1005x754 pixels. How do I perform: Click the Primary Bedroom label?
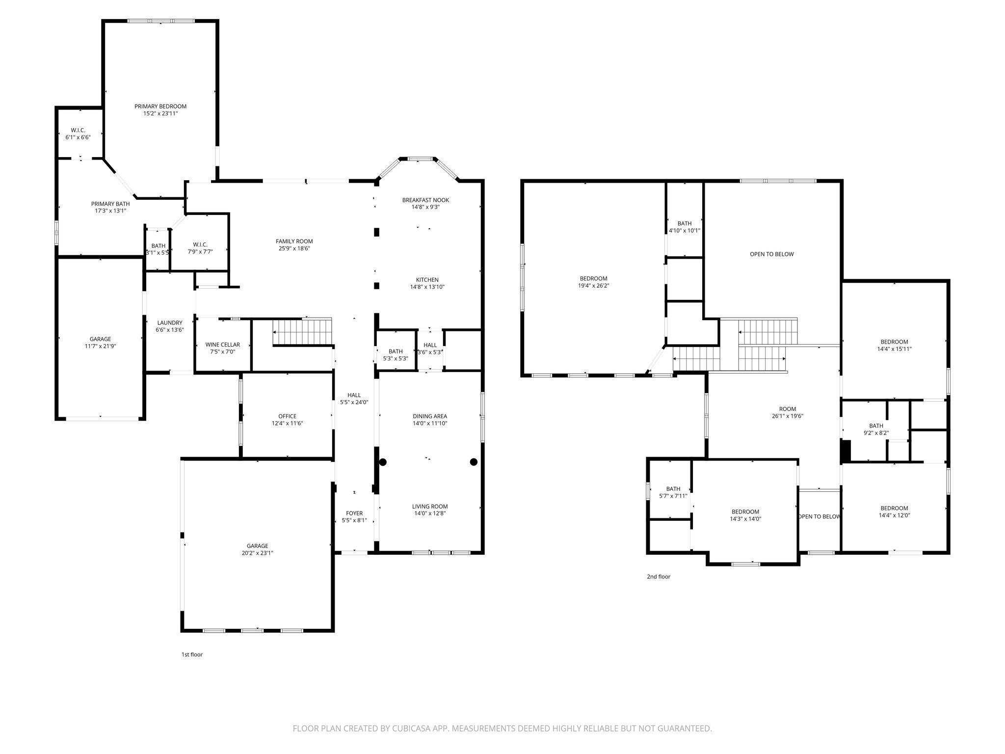pyautogui.click(x=160, y=107)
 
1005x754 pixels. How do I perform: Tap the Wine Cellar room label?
pyautogui.click(x=222, y=345)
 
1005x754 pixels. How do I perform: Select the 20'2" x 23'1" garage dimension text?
pyautogui.click(x=257, y=553)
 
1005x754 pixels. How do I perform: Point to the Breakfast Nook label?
pyautogui.click(x=425, y=200)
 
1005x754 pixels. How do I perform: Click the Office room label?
pyautogui.click(x=287, y=416)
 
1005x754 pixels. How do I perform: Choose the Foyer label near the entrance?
pyautogui.click(x=354, y=513)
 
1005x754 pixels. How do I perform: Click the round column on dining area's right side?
pyautogui.click(x=474, y=462)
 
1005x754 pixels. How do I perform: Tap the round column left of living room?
pyautogui.click(x=383, y=462)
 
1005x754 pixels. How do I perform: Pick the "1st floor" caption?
pyautogui.click(x=192, y=654)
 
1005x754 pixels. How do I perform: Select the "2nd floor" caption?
pyautogui.click(x=658, y=577)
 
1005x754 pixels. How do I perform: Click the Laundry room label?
pyautogui.click(x=170, y=323)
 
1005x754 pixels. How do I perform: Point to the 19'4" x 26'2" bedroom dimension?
pyautogui.click(x=593, y=286)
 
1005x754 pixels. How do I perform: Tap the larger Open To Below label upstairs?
pyautogui.click(x=771, y=254)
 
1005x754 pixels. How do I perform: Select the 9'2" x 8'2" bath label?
pyautogui.click(x=876, y=433)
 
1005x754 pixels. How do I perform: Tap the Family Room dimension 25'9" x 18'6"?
pyautogui.click(x=294, y=248)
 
